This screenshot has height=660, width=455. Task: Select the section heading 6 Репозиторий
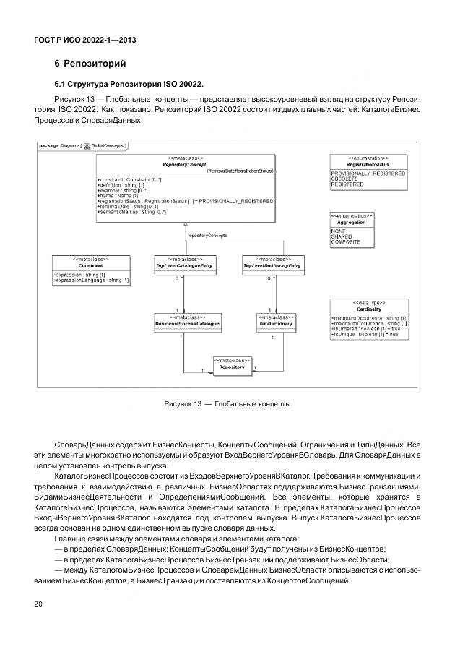click(85, 64)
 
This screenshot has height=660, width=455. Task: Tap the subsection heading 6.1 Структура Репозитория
click(129, 84)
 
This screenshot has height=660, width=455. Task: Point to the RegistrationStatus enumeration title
click(368, 164)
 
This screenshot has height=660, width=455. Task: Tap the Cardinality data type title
click(368, 309)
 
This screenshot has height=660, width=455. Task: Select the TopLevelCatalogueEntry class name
click(184, 266)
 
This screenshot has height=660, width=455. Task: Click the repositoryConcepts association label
click(207, 236)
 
